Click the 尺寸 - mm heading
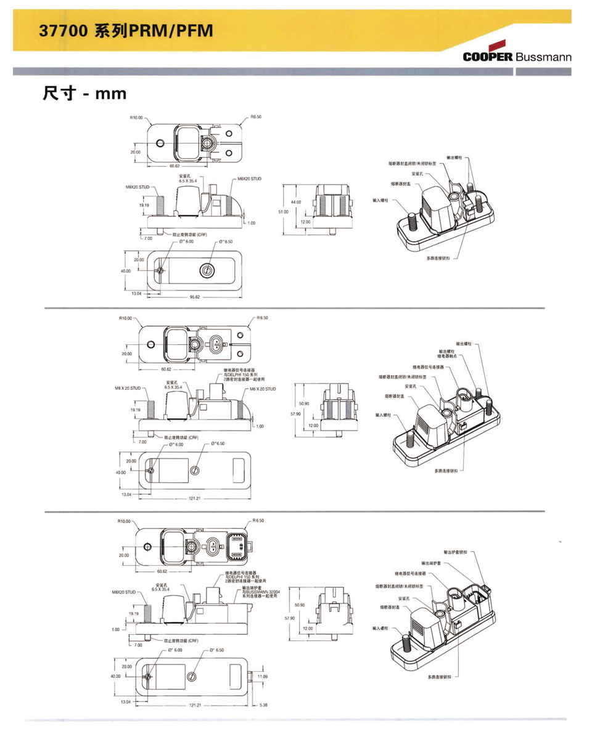click(x=85, y=93)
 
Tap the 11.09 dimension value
click(x=263, y=677)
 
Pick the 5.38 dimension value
click(x=263, y=705)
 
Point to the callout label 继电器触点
click(x=448, y=356)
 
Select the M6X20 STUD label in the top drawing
click(x=249, y=179)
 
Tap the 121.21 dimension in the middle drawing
click(x=194, y=498)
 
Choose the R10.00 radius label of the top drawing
click(x=136, y=117)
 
